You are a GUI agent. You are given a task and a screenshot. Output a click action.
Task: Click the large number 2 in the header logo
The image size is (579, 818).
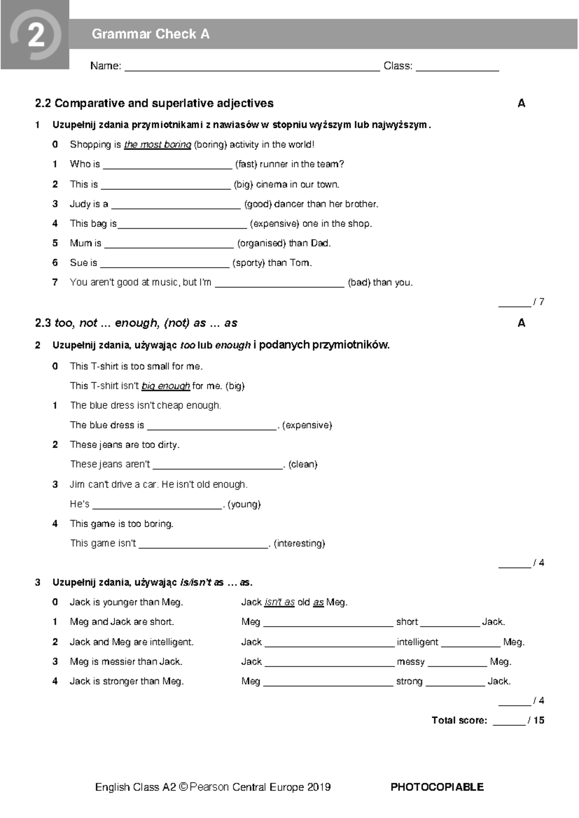tap(36, 35)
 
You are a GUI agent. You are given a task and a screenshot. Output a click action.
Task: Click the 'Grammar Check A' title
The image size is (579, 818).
tap(151, 34)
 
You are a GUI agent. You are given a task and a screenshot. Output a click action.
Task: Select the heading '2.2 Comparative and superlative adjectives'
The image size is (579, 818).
tap(154, 103)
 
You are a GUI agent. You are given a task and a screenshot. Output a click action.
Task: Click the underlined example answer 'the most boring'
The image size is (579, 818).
tap(158, 145)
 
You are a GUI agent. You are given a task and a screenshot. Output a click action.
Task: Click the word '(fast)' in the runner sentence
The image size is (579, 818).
tap(246, 164)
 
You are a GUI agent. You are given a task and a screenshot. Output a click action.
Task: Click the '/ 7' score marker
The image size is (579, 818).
tap(538, 302)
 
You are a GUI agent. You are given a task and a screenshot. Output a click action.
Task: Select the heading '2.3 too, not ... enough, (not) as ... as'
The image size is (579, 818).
tap(136, 323)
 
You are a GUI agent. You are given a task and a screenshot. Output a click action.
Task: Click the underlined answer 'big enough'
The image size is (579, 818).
tap(165, 386)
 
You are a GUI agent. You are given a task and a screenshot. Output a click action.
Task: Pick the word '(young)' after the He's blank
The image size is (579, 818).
tap(244, 504)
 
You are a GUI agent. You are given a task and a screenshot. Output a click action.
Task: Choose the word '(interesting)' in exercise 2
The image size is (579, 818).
tap(299, 544)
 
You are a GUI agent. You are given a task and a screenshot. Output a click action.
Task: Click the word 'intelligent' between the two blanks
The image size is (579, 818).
tap(417, 642)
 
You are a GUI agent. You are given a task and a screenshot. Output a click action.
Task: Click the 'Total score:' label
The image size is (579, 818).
tap(459, 721)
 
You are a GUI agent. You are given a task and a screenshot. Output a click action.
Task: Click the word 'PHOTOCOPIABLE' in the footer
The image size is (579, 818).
tap(437, 787)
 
